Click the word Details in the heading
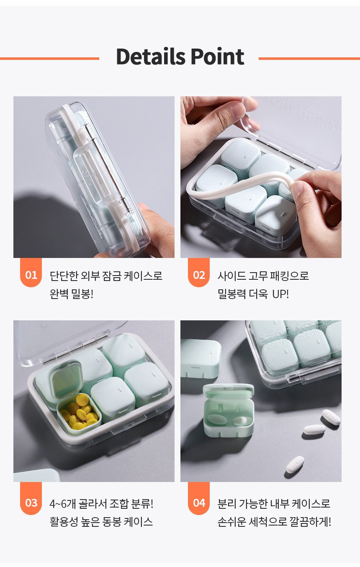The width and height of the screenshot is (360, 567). [x=151, y=56]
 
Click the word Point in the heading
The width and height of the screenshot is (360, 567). [x=218, y=56]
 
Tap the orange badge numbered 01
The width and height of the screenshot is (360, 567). [x=31, y=272]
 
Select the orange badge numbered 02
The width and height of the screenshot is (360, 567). [x=199, y=272]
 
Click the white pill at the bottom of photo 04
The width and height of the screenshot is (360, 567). [x=295, y=464]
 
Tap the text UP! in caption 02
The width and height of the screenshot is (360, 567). [x=280, y=294]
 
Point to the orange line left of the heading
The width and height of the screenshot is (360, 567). [x=49, y=59]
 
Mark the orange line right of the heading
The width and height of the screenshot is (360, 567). [x=309, y=59]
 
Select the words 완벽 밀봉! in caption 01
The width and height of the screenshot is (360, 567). [x=72, y=294]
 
